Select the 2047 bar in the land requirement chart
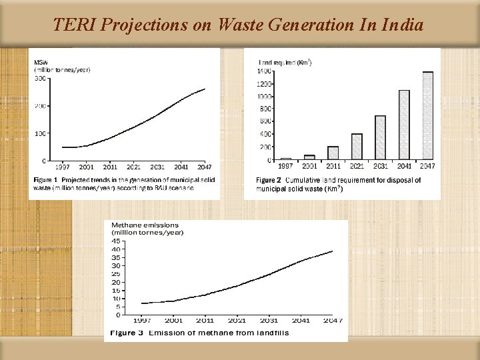click(x=427, y=115)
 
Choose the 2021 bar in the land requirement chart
click(x=357, y=147)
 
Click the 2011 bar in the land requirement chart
click(x=333, y=153)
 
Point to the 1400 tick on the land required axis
click(x=264, y=71)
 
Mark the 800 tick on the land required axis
click(x=265, y=109)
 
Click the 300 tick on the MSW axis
click(x=41, y=79)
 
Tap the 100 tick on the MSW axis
click(x=41, y=133)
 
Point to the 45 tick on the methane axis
click(x=116, y=241)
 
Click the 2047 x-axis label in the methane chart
click(x=333, y=321)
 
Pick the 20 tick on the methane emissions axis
click(x=116, y=282)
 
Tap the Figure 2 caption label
click(x=269, y=180)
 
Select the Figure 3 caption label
click(x=127, y=332)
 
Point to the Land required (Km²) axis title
click(x=285, y=63)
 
